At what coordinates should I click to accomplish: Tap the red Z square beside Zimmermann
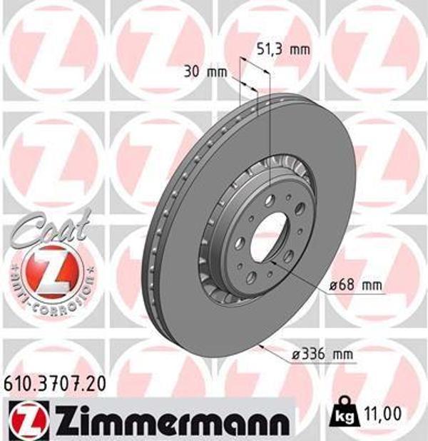[x=29, y=415]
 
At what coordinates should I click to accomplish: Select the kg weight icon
[x=345, y=412]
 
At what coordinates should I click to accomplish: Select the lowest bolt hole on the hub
[x=251, y=277]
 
